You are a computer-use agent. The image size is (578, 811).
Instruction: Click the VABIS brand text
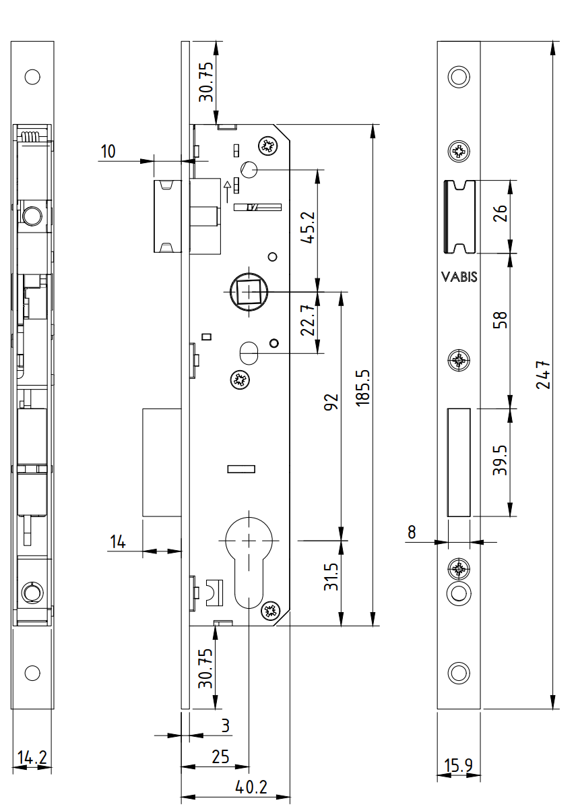coord(459,276)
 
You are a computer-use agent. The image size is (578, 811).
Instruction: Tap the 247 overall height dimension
coord(544,376)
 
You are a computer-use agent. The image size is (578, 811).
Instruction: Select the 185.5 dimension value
coord(363,386)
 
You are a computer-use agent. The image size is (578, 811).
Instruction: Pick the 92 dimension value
coord(331,403)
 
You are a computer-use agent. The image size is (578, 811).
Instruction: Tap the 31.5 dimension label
coord(331,577)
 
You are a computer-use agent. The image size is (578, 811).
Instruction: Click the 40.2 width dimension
coord(251,787)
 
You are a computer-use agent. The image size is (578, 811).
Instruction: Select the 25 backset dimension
coord(220,756)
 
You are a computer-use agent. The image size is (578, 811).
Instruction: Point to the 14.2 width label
coord(32,758)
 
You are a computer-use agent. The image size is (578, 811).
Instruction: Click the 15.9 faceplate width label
coord(458,766)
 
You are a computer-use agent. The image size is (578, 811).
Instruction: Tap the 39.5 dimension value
coord(499,460)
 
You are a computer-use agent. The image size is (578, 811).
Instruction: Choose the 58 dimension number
coord(500,319)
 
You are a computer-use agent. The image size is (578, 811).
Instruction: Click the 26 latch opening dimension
coord(499,215)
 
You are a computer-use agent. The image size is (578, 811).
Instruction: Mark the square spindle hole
coord(250,293)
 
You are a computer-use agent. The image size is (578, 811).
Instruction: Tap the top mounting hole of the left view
coord(32,76)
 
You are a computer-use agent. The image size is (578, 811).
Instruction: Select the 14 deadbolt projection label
coord(119,541)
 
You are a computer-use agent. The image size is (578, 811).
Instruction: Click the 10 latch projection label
coord(108,151)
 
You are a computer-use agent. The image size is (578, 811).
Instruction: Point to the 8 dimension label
coord(411,533)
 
